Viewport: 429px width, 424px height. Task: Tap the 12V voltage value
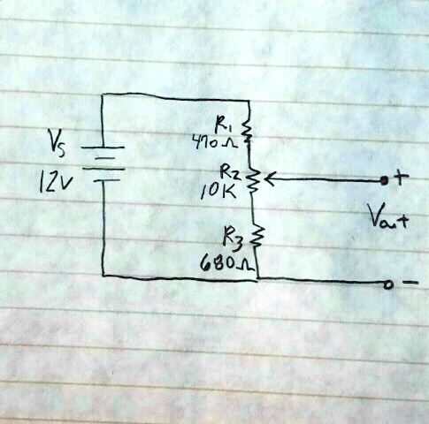pyautogui.click(x=56, y=181)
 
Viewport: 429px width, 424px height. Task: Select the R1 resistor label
pyautogui.click(x=222, y=125)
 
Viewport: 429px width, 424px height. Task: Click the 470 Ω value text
pyautogui.click(x=215, y=142)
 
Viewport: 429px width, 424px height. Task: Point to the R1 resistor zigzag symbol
pyautogui.click(x=247, y=130)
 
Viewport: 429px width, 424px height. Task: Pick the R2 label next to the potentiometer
pyautogui.click(x=231, y=172)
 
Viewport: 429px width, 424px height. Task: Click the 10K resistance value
pyautogui.click(x=218, y=191)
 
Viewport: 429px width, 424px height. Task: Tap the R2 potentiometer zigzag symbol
pyautogui.click(x=253, y=180)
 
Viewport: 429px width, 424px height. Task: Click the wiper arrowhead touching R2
pyautogui.click(x=268, y=179)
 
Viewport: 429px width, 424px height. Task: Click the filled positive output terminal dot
pyautogui.click(x=384, y=180)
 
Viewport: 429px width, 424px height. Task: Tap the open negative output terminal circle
pyautogui.click(x=388, y=284)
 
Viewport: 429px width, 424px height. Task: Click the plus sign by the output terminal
pyautogui.click(x=401, y=177)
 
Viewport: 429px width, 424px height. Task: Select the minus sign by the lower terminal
pyautogui.click(x=410, y=283)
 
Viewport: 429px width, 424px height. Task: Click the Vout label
pyautogui.click(x=387, y=216)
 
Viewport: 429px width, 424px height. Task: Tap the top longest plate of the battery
pyautogui.click(x=103, y=148)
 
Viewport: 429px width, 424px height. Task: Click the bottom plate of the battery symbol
pyautogui.click(x=107, y=180)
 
